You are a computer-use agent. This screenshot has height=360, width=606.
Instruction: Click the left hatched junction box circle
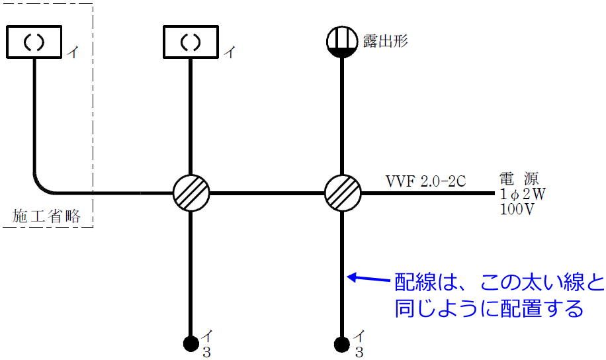coord(191,193)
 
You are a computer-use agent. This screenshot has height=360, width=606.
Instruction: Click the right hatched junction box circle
coord(343,193)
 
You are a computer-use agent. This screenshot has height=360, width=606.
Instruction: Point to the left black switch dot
coord(191,343)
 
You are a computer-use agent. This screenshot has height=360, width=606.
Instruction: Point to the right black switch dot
coord(342,343)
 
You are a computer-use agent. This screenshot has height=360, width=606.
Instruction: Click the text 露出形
coord(386,41)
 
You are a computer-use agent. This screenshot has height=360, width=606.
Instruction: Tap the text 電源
coord(519,178)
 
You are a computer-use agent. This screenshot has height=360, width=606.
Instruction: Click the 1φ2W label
coord(523,194)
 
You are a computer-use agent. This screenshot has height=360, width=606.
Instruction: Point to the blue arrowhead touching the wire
coord(352,277)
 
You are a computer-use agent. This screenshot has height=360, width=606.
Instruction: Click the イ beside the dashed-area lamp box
coord(72,52)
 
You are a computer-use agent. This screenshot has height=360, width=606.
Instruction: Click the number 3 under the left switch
coord(206,352)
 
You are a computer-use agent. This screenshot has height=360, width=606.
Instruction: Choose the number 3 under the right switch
coord(359,352)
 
